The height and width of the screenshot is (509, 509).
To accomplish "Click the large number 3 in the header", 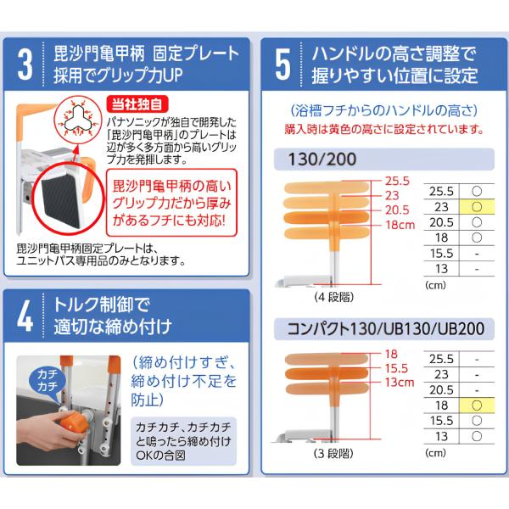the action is (x=25, y=64).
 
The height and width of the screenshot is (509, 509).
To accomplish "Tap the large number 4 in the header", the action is (x=25, y=316).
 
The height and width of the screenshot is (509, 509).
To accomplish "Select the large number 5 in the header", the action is (x=282, y=64).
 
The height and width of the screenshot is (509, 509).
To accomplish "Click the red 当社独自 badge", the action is (x=137, y=104).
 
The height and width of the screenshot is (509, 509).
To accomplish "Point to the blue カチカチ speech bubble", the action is (x=47, y=380).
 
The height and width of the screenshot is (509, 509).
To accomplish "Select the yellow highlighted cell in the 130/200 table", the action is (x=477, y=207).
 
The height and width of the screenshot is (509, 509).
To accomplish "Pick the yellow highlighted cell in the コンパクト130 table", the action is (x=477, y=406).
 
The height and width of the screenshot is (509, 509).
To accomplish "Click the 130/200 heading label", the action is (x=322, y=159).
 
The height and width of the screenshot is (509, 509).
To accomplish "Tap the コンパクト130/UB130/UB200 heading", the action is (x=386, y=328).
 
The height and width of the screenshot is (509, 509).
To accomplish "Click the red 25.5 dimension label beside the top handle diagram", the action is (x=397, y=181).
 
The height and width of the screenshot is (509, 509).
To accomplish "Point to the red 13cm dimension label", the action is (x=400, y=382).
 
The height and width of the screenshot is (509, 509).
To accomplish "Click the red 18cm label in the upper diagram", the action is (x=400, y=225).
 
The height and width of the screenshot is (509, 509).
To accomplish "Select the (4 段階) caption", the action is (x=334, y=297).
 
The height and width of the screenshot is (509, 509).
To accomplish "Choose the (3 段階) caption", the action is (x=333, y=454).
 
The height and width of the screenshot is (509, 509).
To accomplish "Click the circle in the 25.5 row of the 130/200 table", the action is (x=477, y=191).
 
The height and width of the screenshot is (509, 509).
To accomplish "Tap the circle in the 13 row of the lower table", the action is (x=477, y=436).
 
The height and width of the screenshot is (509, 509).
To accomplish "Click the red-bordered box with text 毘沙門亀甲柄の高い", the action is (x=171, y=203).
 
